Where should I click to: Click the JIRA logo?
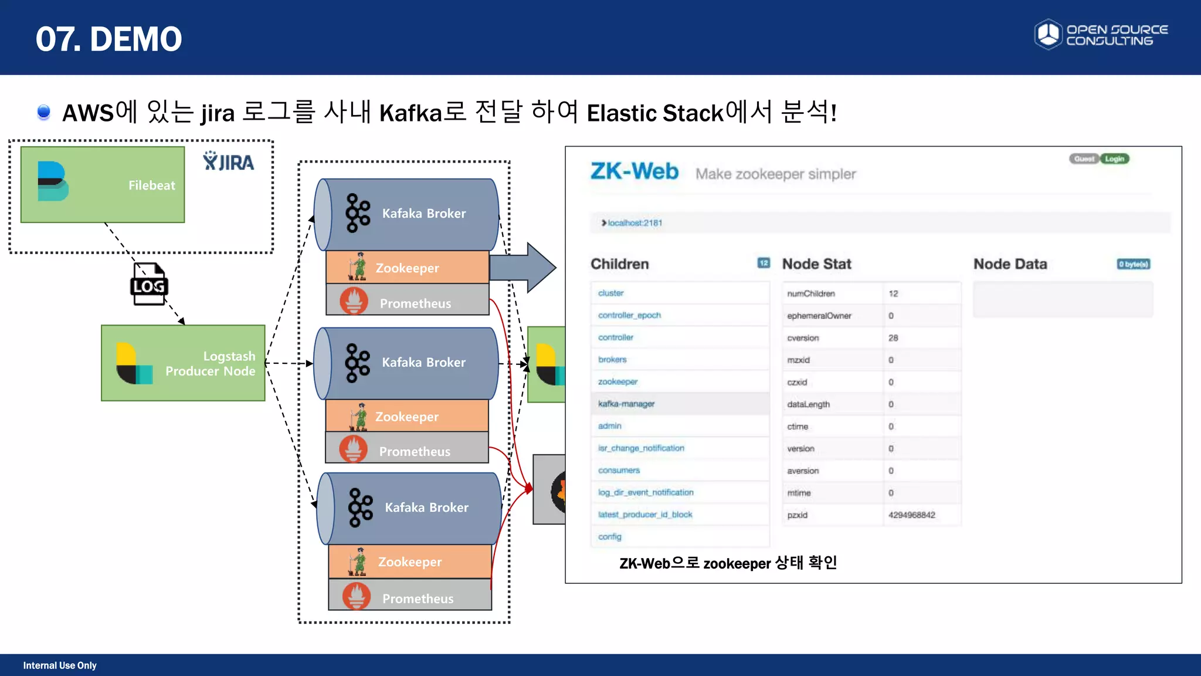click(229, 161)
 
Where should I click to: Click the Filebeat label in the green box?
click(151, 185)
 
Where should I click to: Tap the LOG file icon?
click(148, 285)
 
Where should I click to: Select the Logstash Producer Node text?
click(211, 364)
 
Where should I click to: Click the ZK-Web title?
click(634, 171)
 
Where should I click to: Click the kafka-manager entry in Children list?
click(626, 404)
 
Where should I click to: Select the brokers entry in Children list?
click(612, 360)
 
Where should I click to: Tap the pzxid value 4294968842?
click(911, 515)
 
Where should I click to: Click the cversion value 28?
click(893, 338)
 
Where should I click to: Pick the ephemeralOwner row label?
click(819, 316)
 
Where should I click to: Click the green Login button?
click(1114, 159)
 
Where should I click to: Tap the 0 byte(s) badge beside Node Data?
click(1133, 264)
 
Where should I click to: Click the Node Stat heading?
click(816, 264)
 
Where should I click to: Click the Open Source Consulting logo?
click(1101, 35)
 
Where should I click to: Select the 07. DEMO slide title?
click(109, 39)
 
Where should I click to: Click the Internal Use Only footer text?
click(60, 665)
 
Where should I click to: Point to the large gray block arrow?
click(523, 268)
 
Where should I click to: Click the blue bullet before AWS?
click(43, 111)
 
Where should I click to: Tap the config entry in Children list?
click(609, 537)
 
